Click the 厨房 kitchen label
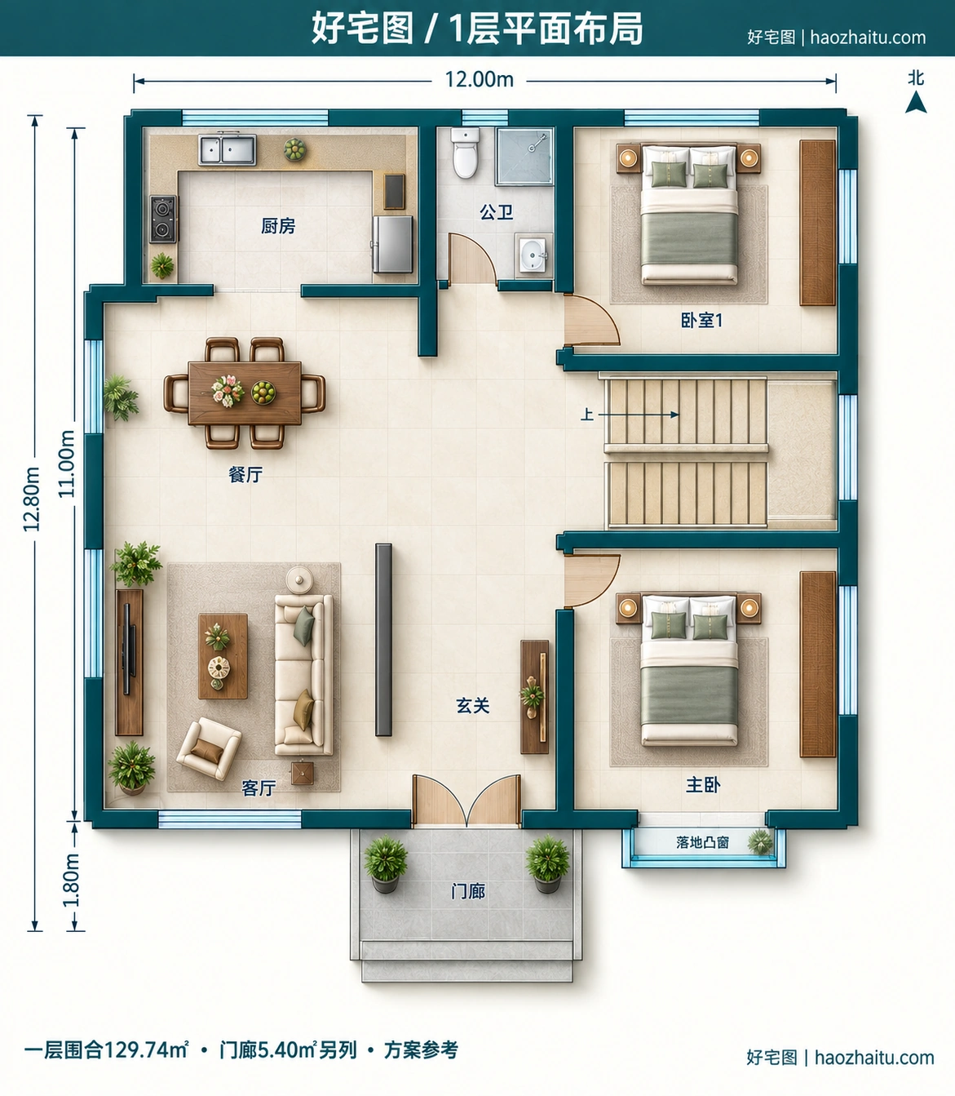pos(278,226)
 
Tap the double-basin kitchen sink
pos(228,149)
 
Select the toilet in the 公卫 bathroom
pos(465,153)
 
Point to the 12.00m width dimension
pos(479,80)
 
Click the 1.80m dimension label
pos(71,880)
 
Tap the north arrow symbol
pos(916,102)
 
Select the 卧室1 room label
pos(701,321)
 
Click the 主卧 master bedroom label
pos(703,785)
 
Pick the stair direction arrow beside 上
pos(639,414)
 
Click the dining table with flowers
pos(245,393)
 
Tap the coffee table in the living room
pos(223,656)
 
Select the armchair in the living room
pos(209,749)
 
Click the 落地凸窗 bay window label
pos(702,843)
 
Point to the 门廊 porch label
pos(468,891)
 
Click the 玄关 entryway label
pos(473,705)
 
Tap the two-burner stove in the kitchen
pos(163,219)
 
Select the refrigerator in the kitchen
pos(393,244)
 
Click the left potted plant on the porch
pos(386,862)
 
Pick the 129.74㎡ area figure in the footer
pos(145,1050)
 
